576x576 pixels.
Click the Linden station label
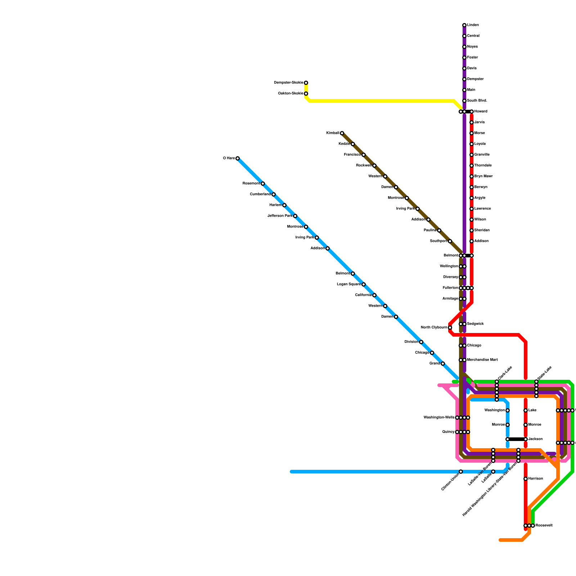[473, 25]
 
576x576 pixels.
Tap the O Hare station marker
[238, 158]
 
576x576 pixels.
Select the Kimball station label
[333, 133]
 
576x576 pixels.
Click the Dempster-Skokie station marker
[306, 83]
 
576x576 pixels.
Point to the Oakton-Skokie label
[291, 94]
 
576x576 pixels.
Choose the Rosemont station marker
[263, 184]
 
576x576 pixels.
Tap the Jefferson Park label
[280, 216]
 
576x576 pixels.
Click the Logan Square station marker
[364, 284]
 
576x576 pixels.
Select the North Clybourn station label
[434, 328]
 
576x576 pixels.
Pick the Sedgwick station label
[475, 324]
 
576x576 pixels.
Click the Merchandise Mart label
[482, 360]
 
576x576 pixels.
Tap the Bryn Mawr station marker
[472, 176]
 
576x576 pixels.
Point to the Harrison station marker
[526, 479]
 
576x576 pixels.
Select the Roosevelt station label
[544, 526]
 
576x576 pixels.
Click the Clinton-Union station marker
[461, 472]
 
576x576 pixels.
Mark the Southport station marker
[450, 241]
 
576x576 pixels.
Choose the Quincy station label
[448, 432]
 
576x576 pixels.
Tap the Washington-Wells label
[439, 418]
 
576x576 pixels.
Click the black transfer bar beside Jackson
[517, 439]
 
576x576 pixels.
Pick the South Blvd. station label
[477, 101]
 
